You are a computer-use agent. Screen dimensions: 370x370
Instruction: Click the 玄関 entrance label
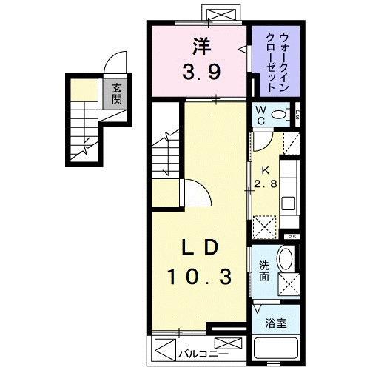[x=117, y=94]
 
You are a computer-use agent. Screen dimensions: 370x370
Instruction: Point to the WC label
[x=260, y=114]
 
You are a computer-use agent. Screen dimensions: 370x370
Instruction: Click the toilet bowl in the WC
[x=281, y=115]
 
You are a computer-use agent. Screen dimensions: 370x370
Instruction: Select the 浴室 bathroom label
[x=275, y=323]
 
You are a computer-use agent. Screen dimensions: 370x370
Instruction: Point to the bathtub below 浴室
[x=276, y=349]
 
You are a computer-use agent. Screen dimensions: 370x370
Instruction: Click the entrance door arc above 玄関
[x=113, y=64]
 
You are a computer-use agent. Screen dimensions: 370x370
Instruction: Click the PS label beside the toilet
[x=297, y=114]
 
